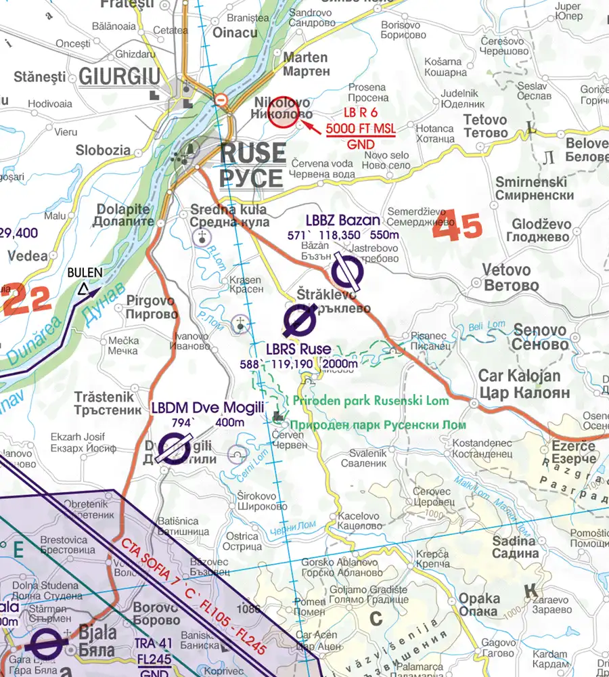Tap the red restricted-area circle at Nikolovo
point(284,111)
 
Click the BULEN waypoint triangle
point(83,290)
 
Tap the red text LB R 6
point(360,112)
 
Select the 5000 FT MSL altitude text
point(361,128)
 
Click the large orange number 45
point(457,229)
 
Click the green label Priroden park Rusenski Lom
point(371,401)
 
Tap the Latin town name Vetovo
point(506,270)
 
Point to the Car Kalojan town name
point(519,376)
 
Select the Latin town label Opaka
point(479,598)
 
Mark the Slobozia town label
point(103,150)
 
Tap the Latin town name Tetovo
point(485,120)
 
